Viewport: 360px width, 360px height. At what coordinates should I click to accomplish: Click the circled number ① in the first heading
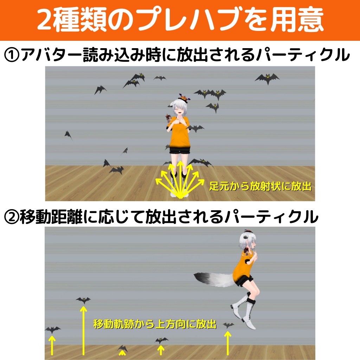(12, 56)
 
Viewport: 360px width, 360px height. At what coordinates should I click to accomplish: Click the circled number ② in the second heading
(12, 217)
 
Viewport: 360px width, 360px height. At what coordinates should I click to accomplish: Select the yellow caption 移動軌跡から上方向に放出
(155, 324)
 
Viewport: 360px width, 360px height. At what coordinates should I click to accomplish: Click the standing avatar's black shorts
(180, 151)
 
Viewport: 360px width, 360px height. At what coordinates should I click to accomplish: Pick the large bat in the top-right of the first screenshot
(267, 78)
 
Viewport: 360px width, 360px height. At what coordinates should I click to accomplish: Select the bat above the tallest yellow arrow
(83, 300)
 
